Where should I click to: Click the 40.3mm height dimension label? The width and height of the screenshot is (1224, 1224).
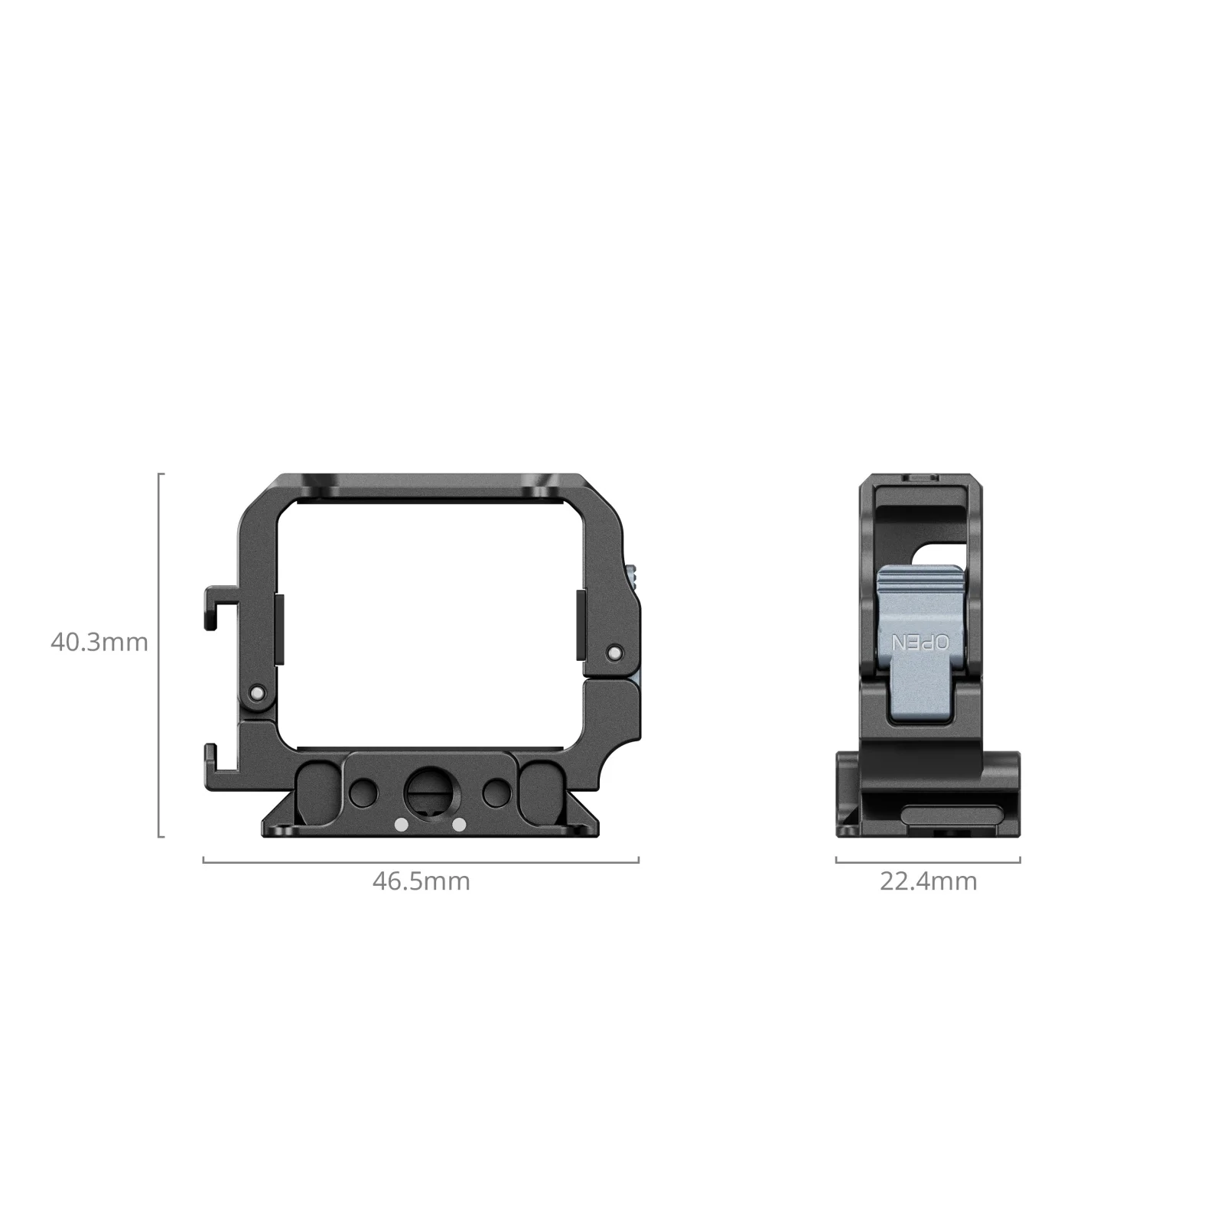coord(99,642)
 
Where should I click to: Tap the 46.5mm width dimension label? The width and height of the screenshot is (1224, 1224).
coord(421,881)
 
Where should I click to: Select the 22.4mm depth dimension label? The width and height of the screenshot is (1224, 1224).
coord(928,881)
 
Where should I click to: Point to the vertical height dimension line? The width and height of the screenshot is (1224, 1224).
coord(160,655)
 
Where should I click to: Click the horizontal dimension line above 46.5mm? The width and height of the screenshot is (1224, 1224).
coord(421,862)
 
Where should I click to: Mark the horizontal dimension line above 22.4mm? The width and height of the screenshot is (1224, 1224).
coord(928,862)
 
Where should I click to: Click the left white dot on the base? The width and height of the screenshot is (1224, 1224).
coord(400,825)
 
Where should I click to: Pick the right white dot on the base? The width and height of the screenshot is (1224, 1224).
coord(459,825)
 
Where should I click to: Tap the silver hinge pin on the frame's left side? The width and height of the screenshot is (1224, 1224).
coord(258,693)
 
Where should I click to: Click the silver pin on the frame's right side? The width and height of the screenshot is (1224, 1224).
coord(613,653)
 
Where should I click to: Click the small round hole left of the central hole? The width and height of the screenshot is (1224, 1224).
coord(362,792)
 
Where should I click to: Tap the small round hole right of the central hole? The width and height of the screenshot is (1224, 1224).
coord(497,792)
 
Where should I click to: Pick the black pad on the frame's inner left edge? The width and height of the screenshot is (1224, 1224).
coord(279,627)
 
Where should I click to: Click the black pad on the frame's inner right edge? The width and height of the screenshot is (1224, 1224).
coord(581,624)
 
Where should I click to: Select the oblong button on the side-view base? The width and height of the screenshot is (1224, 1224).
coord(952,813)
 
